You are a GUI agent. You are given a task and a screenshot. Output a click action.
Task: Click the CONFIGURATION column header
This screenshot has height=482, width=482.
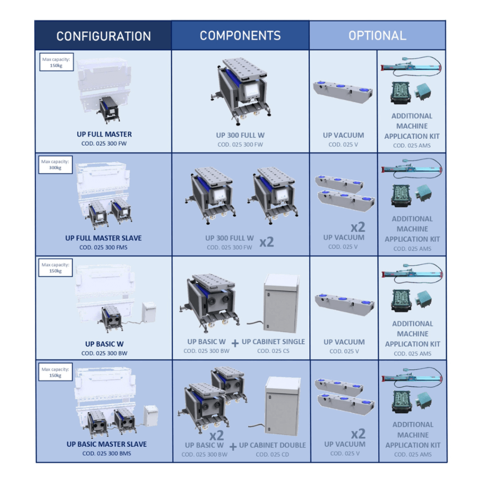pos(104,36)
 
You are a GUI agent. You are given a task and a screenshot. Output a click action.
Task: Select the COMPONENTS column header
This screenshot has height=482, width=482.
pos(240,36)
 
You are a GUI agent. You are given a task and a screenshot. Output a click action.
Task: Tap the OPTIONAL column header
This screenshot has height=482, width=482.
pos(377,36)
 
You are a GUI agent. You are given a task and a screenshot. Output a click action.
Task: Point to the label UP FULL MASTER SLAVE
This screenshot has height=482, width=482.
pos(104,238)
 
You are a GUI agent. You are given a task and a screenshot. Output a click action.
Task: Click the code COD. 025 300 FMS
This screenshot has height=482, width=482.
pos(104,248)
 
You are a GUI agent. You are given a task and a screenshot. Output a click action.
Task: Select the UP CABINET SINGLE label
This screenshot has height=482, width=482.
pos(273,342)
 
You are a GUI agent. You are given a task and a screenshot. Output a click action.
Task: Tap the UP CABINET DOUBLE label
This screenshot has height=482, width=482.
pos(273,445)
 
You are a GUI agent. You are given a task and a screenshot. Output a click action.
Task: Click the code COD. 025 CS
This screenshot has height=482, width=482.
pos(273,351)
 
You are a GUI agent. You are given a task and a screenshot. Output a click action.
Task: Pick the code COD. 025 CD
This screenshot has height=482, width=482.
pos(273,455)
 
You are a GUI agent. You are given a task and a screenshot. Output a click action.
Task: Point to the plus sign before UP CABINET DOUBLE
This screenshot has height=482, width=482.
pos(233,447)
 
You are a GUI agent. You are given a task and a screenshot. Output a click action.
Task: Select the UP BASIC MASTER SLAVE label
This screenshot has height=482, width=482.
pos(106,444)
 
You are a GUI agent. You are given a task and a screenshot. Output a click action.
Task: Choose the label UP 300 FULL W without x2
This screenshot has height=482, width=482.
pos(240,136)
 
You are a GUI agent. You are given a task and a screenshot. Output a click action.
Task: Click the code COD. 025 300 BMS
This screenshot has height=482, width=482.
pos(106,454)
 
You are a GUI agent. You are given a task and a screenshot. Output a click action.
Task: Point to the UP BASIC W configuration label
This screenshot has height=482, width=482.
pos(104,344)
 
